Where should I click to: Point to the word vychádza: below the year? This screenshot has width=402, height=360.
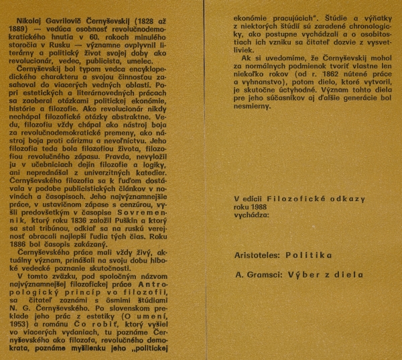(253, 216)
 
